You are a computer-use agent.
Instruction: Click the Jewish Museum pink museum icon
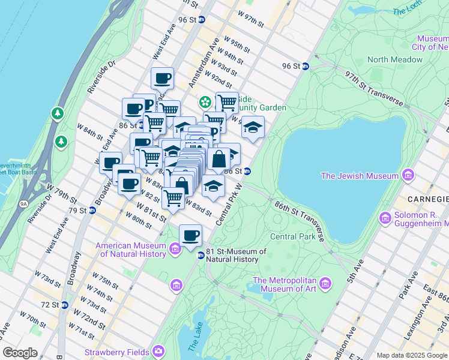409,175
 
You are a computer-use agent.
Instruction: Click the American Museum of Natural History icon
175,248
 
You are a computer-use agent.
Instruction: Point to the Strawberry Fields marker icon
158,350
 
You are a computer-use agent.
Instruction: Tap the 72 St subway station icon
64,305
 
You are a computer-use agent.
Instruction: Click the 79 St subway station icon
92,211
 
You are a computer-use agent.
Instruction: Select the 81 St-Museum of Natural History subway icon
201,256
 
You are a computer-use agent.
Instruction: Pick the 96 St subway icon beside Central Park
305,67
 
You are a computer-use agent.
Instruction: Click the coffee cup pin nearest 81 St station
191,235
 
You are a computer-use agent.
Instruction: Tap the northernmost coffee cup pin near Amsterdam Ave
162,78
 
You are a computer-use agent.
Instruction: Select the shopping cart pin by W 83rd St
173,198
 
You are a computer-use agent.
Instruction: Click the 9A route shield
23,204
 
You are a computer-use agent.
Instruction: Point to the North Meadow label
394,59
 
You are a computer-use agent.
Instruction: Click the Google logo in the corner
21,353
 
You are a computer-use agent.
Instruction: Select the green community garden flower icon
205,101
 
